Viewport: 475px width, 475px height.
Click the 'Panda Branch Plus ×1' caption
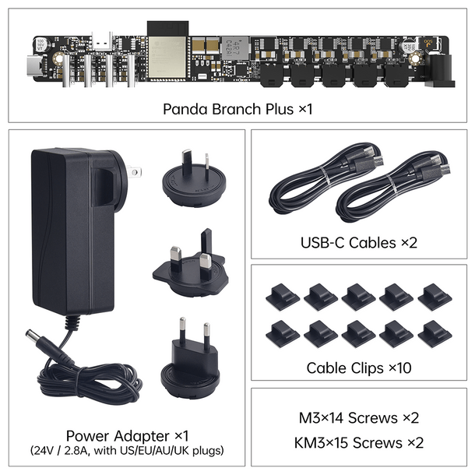tap(237, 108)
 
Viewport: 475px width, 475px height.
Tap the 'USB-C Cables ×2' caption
tap(359, 243)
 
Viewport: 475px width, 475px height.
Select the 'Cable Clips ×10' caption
tap(359, 368)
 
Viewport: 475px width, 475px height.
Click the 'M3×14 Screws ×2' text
tap(359, 418)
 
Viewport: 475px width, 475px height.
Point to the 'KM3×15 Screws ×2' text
tap(359, 442)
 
